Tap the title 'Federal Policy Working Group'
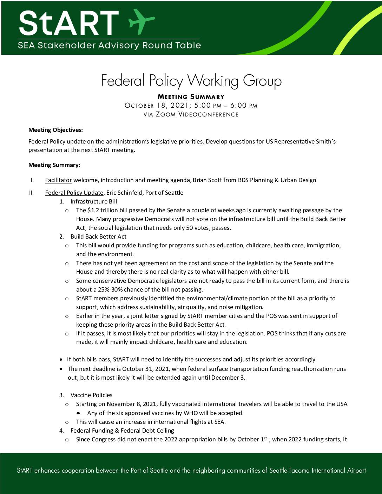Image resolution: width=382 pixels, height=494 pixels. coord(191,81)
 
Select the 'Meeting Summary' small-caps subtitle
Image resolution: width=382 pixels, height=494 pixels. coord(191,97)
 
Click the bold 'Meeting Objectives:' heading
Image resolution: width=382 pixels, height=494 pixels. coord(55,130)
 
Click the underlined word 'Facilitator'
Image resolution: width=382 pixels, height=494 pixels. coord(58,180)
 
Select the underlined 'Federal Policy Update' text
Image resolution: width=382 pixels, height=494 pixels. coord(74,193)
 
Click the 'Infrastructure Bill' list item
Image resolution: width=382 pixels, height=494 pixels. coord(93,201)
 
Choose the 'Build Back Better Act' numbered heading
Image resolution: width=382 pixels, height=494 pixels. coord(98,236)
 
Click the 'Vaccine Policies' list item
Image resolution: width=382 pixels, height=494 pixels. coord(91,395)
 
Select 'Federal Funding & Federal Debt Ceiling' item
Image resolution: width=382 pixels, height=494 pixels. coord(122,430)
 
